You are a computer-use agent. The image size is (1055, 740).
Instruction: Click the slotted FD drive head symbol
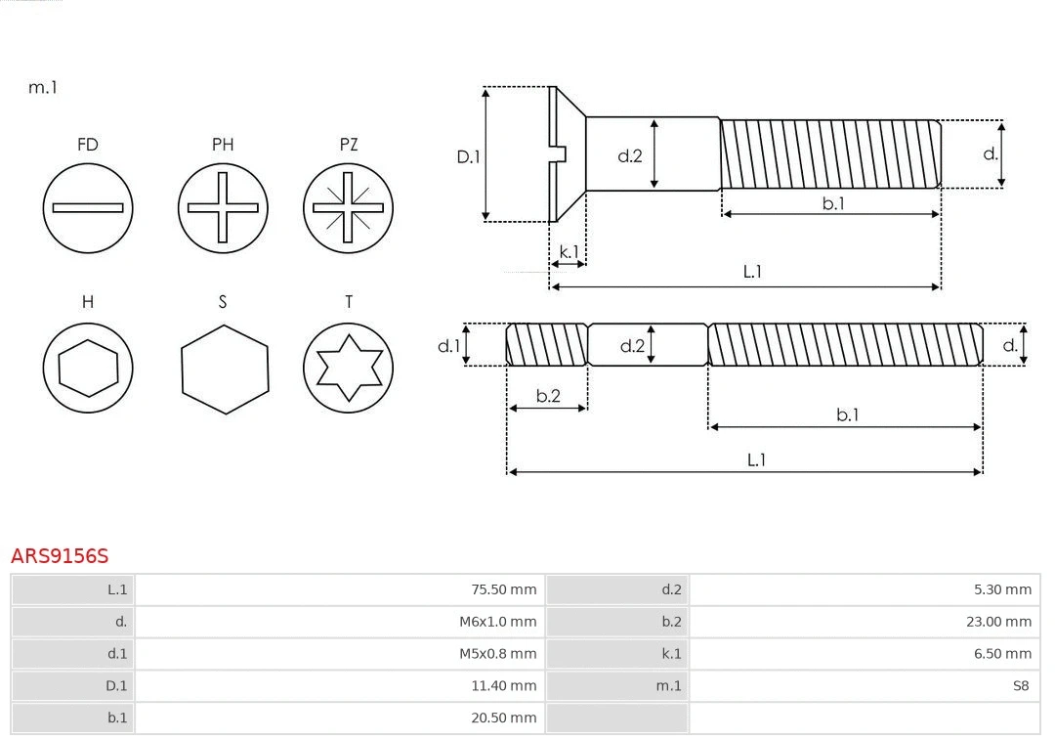point(88,207)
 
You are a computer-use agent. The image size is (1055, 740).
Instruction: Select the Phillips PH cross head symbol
point(223,207)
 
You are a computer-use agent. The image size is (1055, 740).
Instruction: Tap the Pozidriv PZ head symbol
point(349,207)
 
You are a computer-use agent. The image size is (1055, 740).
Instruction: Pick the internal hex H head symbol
point(88,368)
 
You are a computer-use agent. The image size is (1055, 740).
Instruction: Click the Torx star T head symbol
point(349,368)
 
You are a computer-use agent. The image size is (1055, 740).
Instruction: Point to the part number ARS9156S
point(60,556)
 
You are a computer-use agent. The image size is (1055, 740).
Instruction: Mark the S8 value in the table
point(1020,685)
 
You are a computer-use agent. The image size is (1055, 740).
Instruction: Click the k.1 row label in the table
point(671,653)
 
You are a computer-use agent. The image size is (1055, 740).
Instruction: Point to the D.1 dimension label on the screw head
point(469,155)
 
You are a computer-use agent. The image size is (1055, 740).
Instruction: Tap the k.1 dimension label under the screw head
point(568,251)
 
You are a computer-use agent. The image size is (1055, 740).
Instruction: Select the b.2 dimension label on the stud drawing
point(548,396)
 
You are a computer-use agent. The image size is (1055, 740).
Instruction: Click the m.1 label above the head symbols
point(42,87)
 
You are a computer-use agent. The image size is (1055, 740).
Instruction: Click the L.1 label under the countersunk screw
point(752,272)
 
